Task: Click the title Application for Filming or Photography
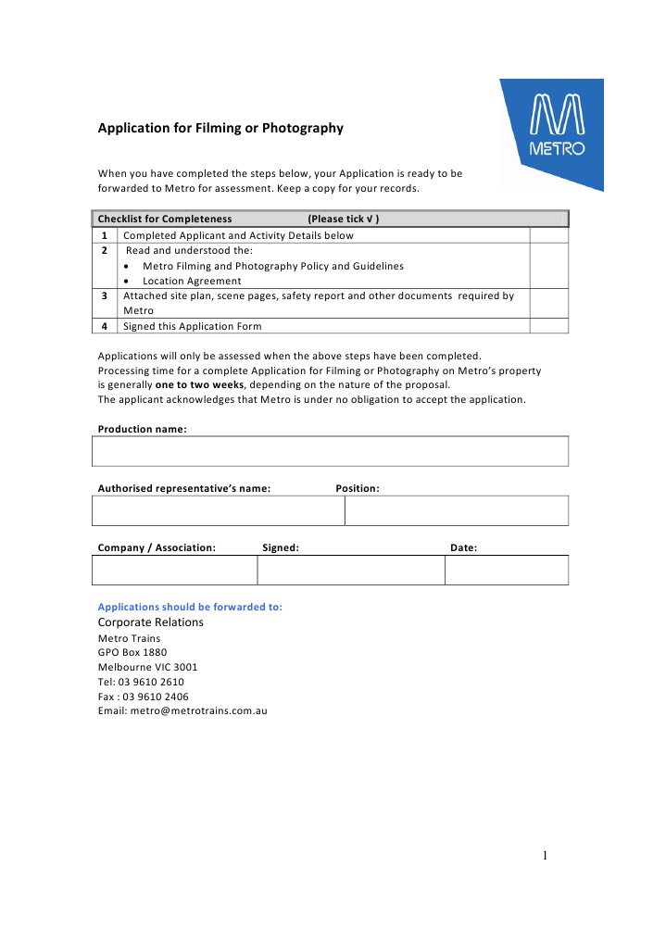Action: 220,128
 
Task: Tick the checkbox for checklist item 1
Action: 548,235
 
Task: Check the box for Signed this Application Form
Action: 548,326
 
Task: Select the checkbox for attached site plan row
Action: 548,303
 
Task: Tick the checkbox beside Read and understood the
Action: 548,265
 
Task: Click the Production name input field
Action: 330,451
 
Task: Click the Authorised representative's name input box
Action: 219,510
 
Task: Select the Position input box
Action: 457,510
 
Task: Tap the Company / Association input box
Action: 174,570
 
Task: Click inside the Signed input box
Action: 351,570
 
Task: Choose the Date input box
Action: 507,570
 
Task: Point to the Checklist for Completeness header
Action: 165,219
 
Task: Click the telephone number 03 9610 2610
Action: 154,682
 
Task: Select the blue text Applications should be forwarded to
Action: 190,607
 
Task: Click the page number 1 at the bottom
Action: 546,855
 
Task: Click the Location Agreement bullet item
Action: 192,281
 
